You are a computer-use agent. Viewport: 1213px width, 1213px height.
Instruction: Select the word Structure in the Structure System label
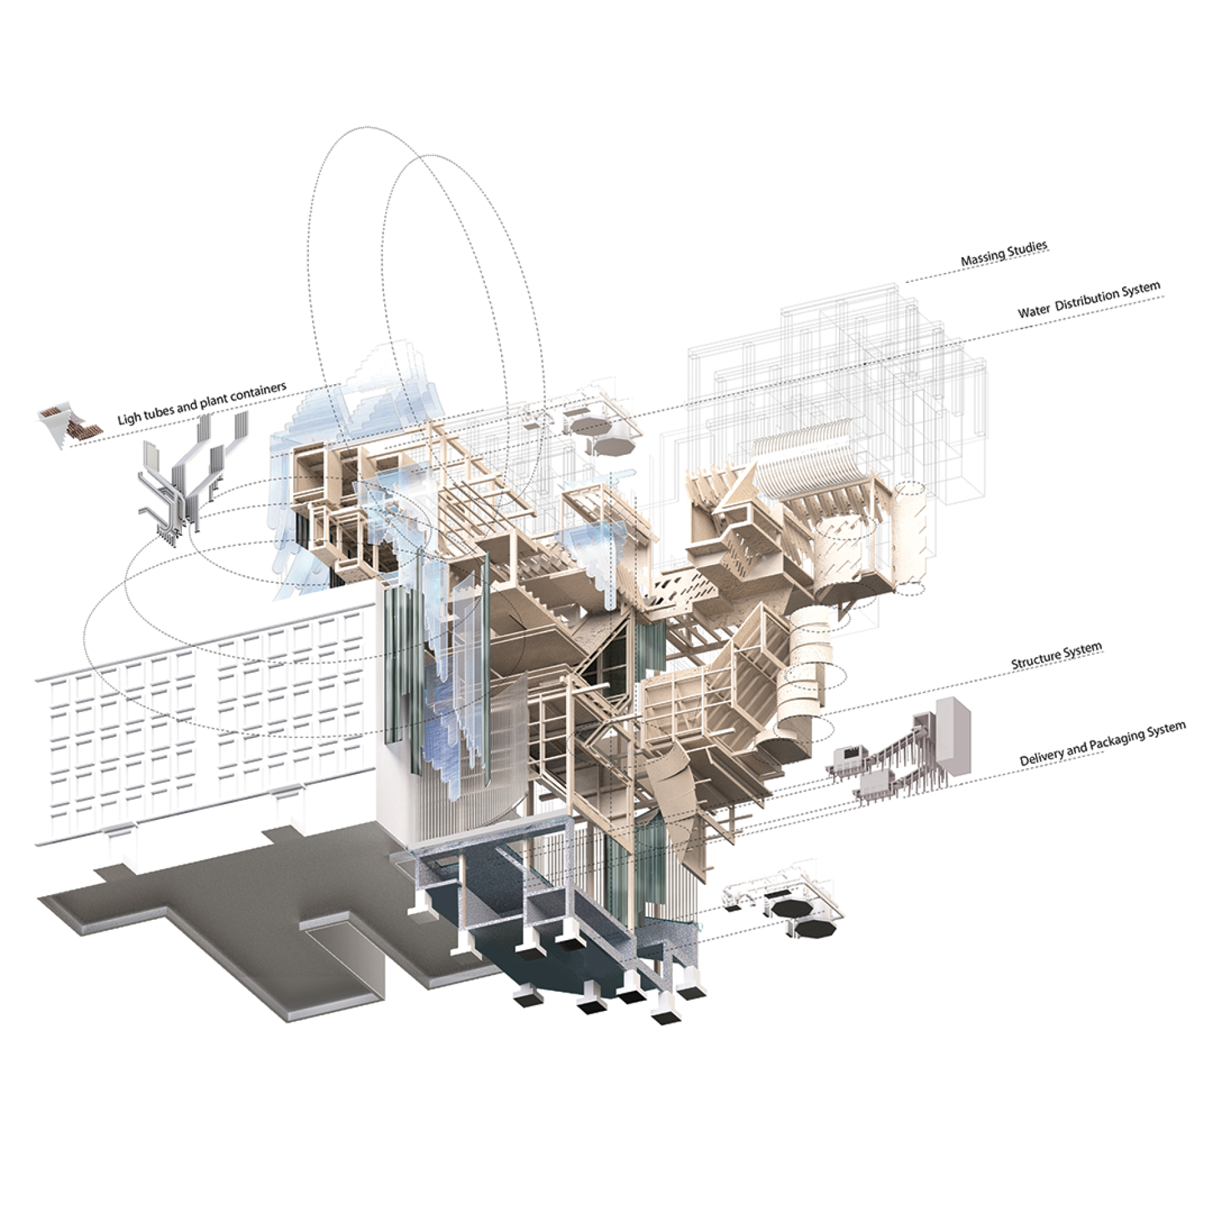tap(1035, 658)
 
